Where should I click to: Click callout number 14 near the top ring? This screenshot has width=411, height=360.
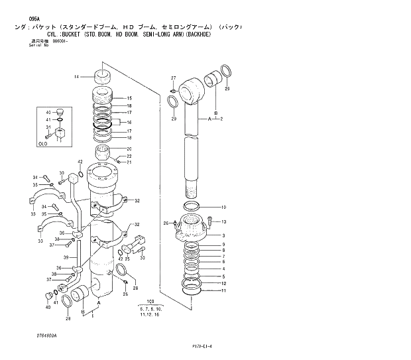pyautogui.click(x=77, y=77)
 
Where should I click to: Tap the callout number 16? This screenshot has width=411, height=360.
pyautogui.click(x=129, y=123)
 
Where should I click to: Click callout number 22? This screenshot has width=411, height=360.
pyautogui.click(x=129, y=156)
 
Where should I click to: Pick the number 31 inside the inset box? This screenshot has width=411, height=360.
pyautogui.click(x=48, y=127)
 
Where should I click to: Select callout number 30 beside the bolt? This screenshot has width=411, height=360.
pyautogui.click(x=61, y=173)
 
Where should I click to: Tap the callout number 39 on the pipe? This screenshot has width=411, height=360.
pyautogui.click(x=66, y=257)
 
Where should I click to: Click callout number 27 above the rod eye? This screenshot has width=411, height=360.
pyautogui.click(x=173, y=78)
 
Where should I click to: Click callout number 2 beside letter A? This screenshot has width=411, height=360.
pyautogui.click(x=221, y=119)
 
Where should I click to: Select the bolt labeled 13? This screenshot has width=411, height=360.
pyautogui.click(x=210, y=222)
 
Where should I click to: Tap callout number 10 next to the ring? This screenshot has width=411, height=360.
pyautogui.click(x=223, y=207)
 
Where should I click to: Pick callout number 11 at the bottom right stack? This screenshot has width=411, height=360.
pyautogui.click(x=223, y=290)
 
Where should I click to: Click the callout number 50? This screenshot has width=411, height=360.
pyautogui.click(x=143, y=257)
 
